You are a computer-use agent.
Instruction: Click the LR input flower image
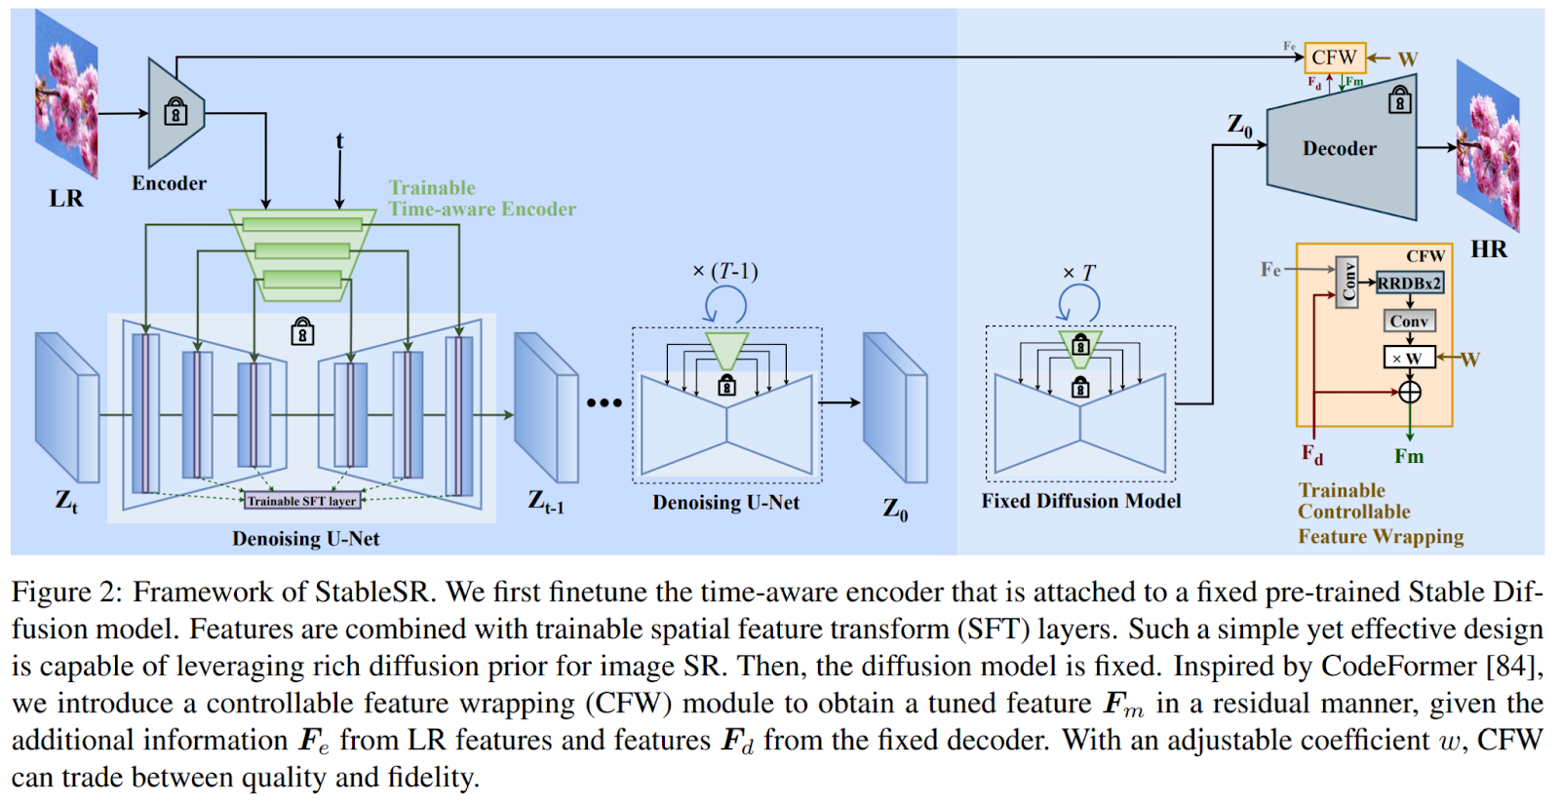click(66, 95)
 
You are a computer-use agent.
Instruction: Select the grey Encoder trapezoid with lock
click(175, 113)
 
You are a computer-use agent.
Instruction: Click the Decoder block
click(1341, 149)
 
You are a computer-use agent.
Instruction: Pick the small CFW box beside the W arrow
click(1334, 57)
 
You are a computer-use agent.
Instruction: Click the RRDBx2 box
click(1409, 283)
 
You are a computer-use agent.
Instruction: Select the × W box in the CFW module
click(1409, 358)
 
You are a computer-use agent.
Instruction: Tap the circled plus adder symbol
click(1410, 392)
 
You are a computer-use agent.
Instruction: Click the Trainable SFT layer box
click(302, 501)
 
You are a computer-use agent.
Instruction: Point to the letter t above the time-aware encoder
click(339, 141)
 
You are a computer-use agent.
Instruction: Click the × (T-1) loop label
click(724, 271)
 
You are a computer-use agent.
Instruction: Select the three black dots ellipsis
click(604, 402)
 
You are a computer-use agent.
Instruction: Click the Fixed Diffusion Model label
click(1080, 501)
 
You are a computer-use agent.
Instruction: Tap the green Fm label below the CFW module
click(1409, 456)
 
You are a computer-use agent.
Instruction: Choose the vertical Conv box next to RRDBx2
click(1347, 283)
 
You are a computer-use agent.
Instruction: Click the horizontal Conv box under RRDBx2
click(1409, 321)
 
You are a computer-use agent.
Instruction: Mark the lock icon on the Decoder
click(1400, 100)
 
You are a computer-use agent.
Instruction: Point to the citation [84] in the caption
click(1514, 667)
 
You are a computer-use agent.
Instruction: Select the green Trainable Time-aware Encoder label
click(482, 199)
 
